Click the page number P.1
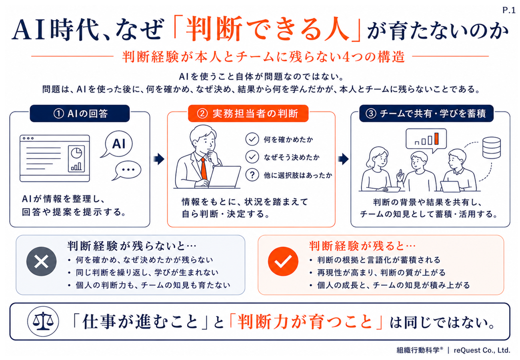[x=509, y=10]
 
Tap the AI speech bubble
[x=118, y=144]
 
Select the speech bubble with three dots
[x=127, y=170]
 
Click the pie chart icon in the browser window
[x=76, y=153]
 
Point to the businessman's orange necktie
[x=204, y=168]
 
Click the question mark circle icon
[x=252, y=175]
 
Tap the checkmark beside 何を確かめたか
[x=252, y=139]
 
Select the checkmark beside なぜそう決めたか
[x=252, y=157]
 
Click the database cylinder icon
[x=492, y=148]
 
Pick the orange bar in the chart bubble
[x=436, y=139]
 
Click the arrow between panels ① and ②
[x=159, y=159]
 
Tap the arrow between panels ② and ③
[x=343, y=159]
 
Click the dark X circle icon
[x=41, y=261]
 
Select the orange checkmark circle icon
[x=283, y=261]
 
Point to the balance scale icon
[x=43, y=322]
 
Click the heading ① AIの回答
[x=80, y=114]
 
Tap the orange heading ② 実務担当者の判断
[x=248, y=114]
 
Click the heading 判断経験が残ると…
[x=362, y=246]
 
